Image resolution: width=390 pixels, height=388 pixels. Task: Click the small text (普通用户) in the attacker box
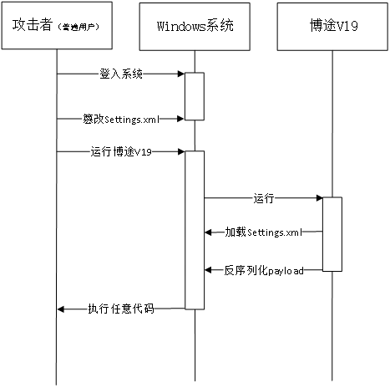(x=79, y=27)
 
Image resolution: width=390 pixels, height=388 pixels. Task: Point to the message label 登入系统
(x=121, y=74)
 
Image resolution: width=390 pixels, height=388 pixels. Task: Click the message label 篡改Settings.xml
(x=121, y=119)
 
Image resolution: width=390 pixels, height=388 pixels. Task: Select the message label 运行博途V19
(x=121, y=152)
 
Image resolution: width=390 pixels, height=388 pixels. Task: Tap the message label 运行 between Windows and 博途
(x=264, y=198)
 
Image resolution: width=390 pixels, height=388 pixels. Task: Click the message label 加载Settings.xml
(x=264, y=232)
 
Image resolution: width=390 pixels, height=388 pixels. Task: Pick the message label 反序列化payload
(x=264, y=270)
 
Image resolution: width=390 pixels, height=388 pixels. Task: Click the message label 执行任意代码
(x=121, y=309)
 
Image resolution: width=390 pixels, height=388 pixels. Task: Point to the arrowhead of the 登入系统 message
(x=181, y=74)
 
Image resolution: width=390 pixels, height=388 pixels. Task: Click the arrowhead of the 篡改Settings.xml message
(x=181, y=119)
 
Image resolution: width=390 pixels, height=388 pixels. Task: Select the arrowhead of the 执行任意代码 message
(x=61, y=309)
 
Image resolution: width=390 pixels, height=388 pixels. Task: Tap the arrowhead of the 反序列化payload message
(x=208, y=270)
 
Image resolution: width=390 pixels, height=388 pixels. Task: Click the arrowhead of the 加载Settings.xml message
(x=208, y=232)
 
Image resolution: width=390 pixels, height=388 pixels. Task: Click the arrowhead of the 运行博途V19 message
(x=181, y=151)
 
